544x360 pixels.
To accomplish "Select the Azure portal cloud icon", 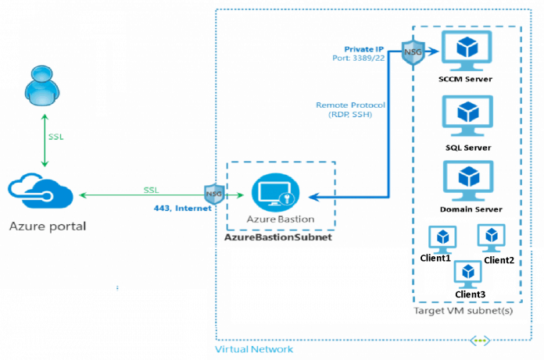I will pos(40,192).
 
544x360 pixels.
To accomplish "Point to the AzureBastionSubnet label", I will pos(277,236).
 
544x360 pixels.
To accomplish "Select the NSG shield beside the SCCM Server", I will pos(413,52).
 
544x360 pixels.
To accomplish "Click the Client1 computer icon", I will pos(443,237).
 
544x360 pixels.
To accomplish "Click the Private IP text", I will pos(364,49).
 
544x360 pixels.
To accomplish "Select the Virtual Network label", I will pos(255,349).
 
